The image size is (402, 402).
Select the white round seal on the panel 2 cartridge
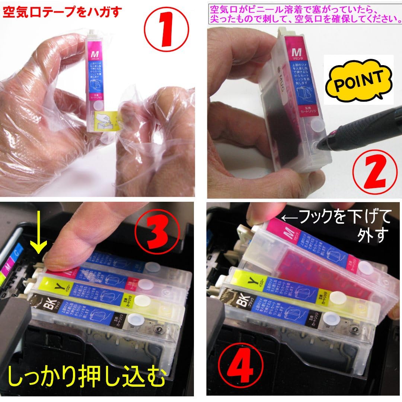[316, 124]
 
